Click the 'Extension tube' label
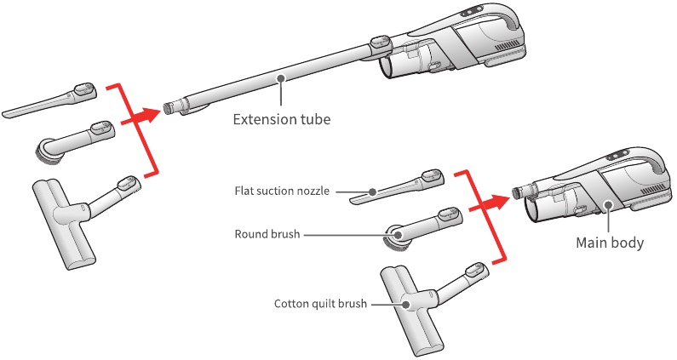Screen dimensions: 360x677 pyautogui.click(x=282, y=119)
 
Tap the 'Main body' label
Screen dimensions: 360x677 pyautogui.click(x=610, y=243)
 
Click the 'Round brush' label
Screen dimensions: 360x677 pyautogui.click(x=267, y=234)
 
